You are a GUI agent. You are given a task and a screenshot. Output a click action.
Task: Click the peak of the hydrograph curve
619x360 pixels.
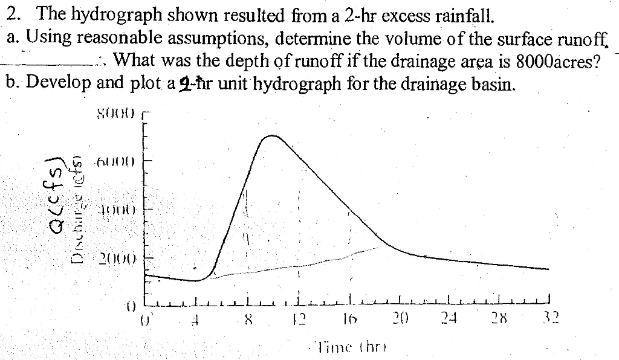pyautogui.click(x=274, y=136)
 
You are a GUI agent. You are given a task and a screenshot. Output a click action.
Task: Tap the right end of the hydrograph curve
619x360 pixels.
pyautogui.click(x=548, y=269)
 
